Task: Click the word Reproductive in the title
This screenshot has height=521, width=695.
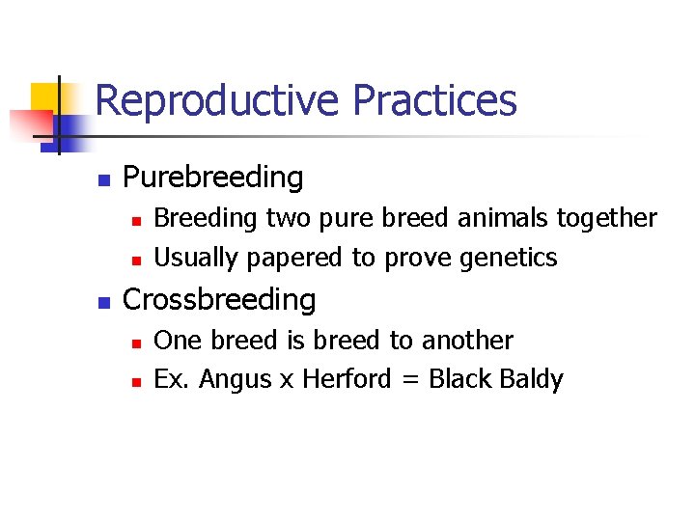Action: [x=218, y=101]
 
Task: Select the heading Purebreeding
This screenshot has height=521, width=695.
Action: [x=213, y=178]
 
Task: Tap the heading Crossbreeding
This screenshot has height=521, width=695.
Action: [x=220, y=300]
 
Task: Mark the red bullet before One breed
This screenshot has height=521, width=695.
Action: [x=137, y=343]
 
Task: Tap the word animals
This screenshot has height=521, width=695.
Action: [x=501, y=219]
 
